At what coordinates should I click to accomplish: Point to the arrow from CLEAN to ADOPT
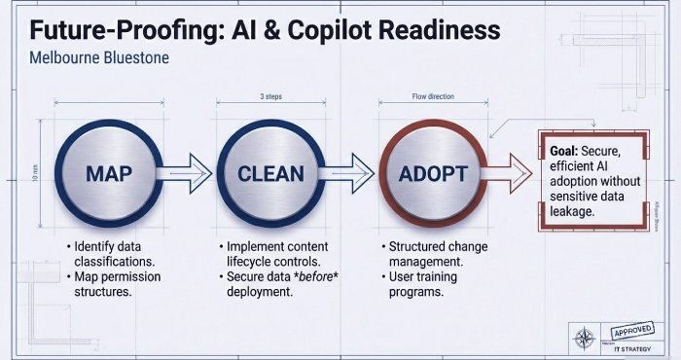click(x=350, y=173)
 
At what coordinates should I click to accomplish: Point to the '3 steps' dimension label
click(x=271, y=97)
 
